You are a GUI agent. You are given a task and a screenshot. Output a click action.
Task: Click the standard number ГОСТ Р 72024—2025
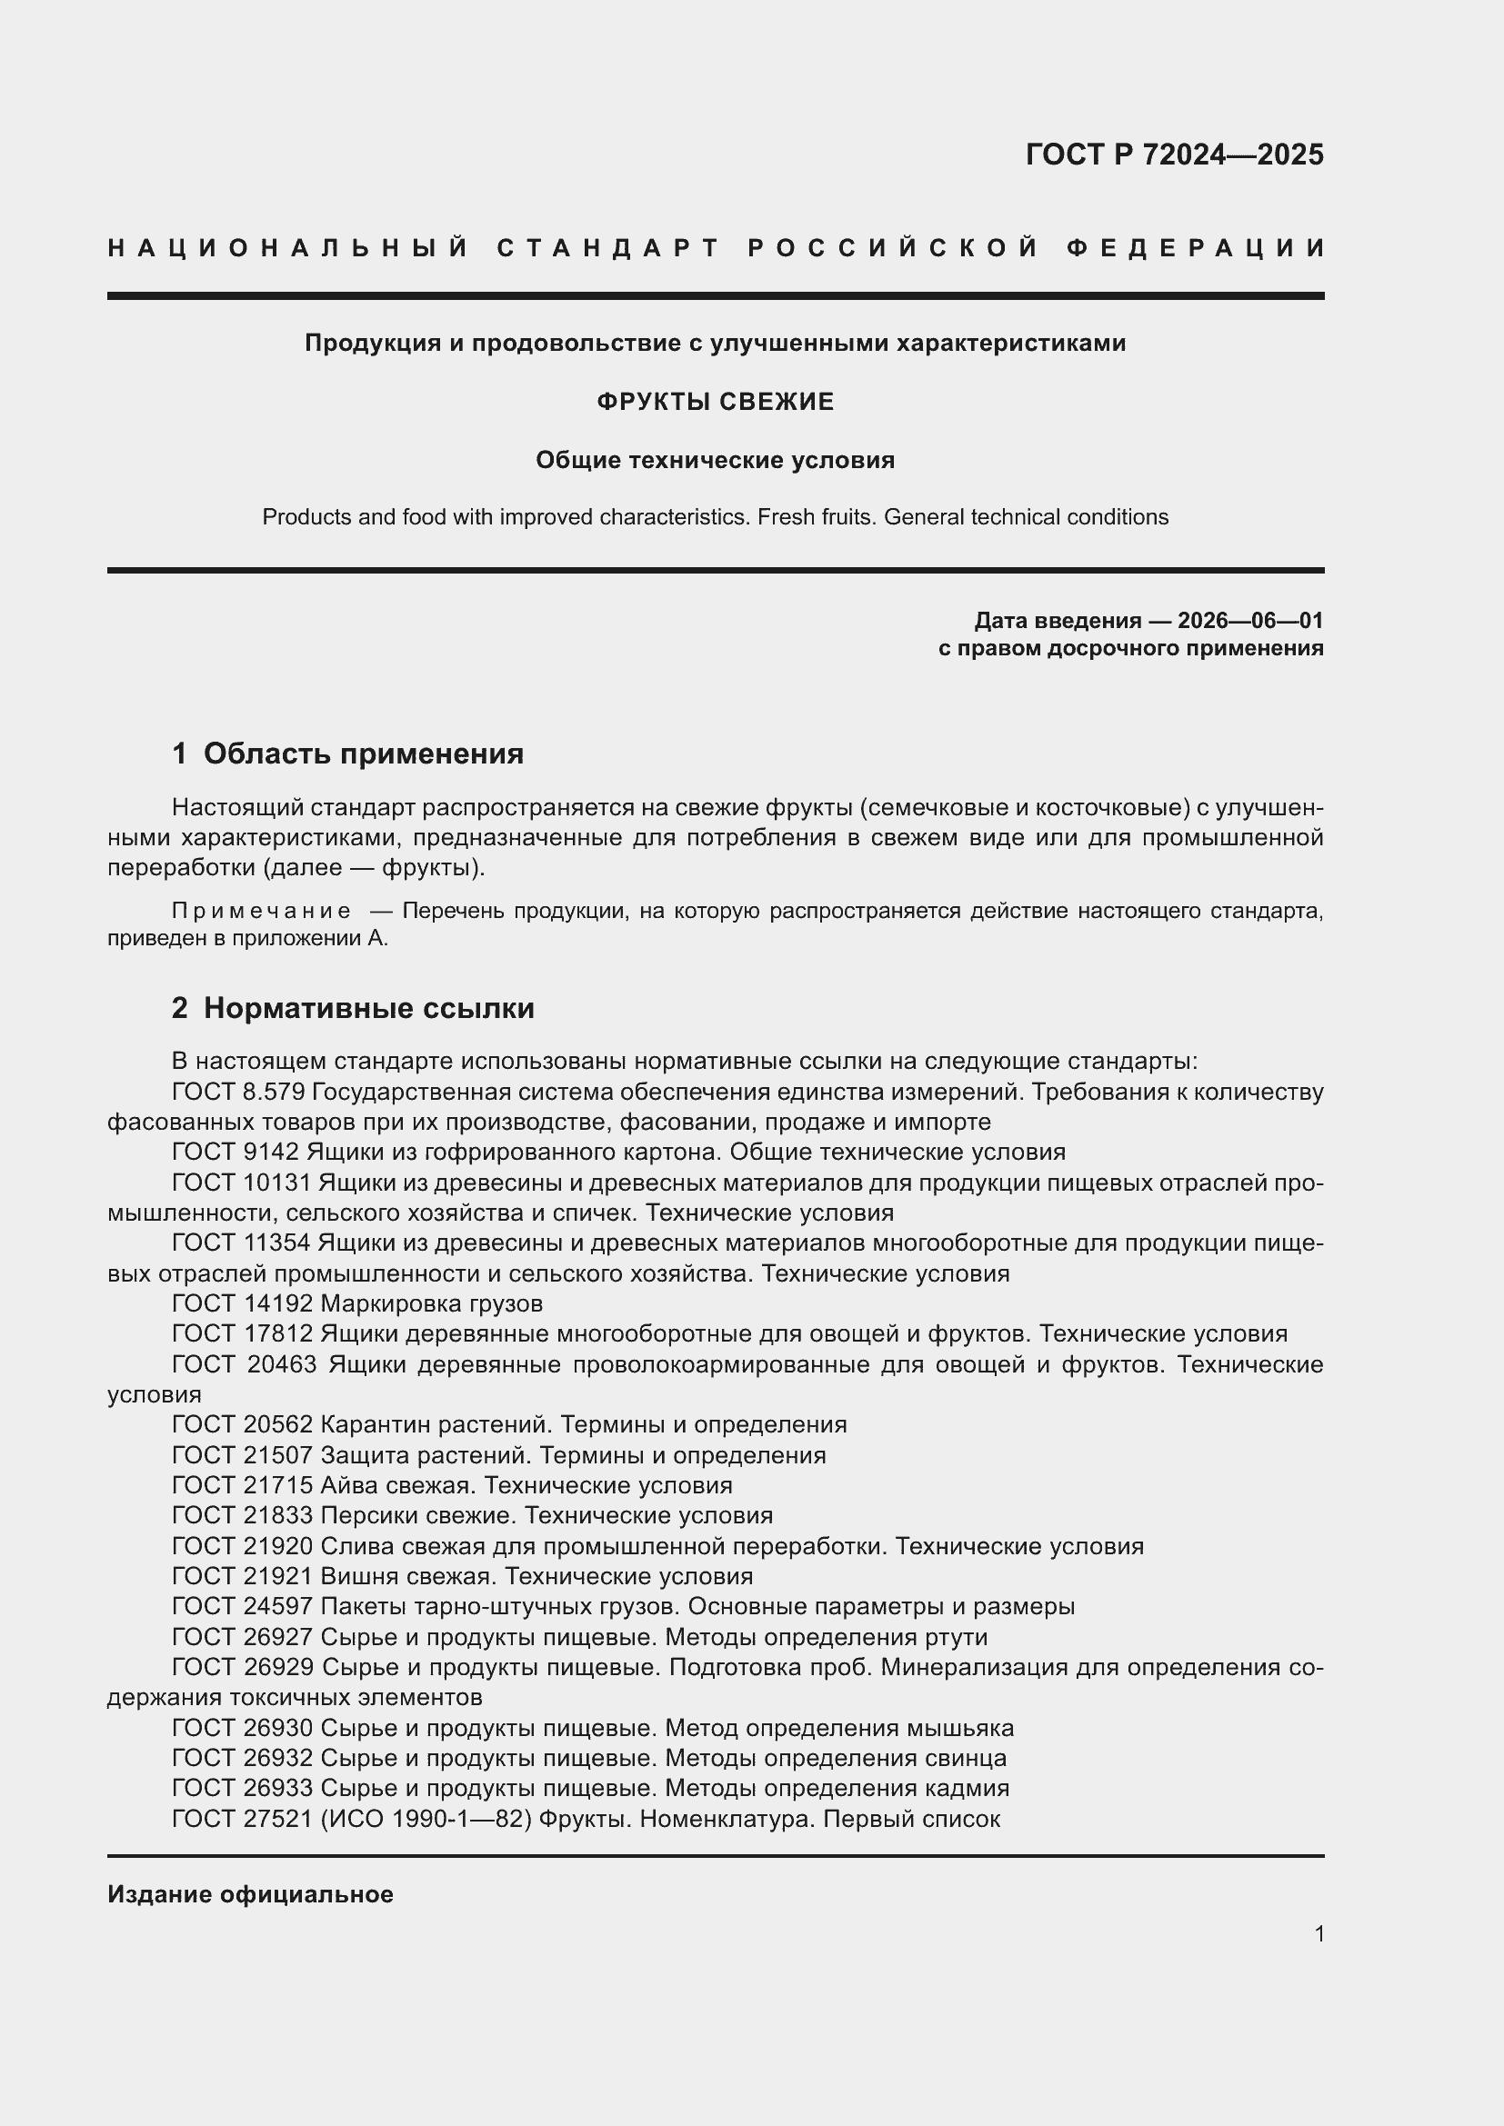point(1174,155)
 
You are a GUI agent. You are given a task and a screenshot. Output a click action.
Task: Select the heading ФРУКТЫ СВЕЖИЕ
point(715,402)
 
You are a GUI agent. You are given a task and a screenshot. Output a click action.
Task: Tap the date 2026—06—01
point(1250,621)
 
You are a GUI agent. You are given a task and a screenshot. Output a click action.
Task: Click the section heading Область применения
point(363,754)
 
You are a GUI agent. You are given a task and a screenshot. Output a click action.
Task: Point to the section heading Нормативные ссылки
point(368,1007)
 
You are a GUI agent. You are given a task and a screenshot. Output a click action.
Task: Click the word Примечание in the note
point(261,911)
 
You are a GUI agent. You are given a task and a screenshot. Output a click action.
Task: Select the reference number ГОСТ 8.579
point(238,1092)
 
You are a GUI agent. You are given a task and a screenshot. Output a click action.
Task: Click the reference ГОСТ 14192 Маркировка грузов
point(357,1303)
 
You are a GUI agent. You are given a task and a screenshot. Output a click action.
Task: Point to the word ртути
point(956,1637)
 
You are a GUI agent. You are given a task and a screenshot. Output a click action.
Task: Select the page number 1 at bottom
point(1319,1933)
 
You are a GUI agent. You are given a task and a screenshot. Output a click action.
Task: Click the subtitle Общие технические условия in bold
point(715,460)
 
